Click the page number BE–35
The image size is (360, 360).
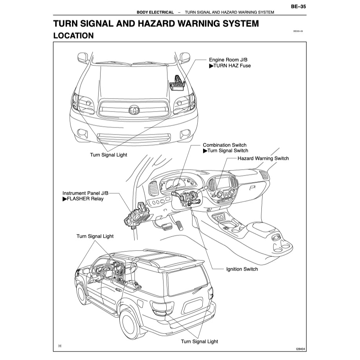tap(298, 6)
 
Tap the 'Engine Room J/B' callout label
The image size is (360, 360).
tap(228, 59)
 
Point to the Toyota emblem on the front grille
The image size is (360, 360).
tap(133, 110)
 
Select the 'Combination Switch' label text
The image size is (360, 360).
tap(224, 145)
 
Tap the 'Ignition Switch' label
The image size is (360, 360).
tap(242, 269)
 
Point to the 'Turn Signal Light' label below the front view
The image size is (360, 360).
tap(108, 155)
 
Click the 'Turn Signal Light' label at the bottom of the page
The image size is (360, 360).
tap(199, 342)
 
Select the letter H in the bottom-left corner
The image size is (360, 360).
tap(60, 346)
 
